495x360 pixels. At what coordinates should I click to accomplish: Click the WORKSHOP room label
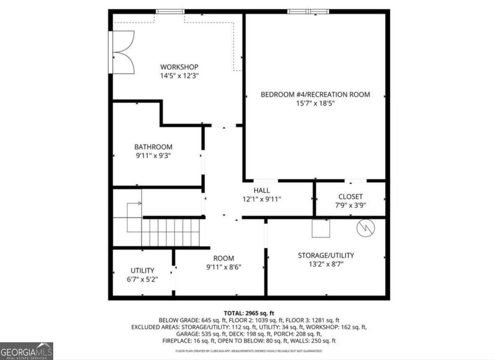(179, 67)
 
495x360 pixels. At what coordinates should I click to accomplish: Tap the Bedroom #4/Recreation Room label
(315, 94)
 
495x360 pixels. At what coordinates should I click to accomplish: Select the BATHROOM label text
(153, 147)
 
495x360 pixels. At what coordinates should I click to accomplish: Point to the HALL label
(262, 191)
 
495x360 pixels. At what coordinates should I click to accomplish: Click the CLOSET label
(350, 197)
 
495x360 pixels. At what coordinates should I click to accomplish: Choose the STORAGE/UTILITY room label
(326, 256)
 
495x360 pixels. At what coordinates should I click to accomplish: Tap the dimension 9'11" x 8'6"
(224, 267)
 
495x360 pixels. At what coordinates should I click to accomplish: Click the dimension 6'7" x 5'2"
(142, 279)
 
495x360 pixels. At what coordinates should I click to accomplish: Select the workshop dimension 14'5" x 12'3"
(179, 76)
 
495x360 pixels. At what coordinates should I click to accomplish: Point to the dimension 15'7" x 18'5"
(315, 104)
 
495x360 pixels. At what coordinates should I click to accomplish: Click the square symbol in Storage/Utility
(321, 228)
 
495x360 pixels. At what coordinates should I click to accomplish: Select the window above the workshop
(170, 12)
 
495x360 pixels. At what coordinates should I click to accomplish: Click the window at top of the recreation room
(309, 12)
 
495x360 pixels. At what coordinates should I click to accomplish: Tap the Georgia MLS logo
(26, 351)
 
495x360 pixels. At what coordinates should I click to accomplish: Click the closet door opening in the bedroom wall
(356, 181)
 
